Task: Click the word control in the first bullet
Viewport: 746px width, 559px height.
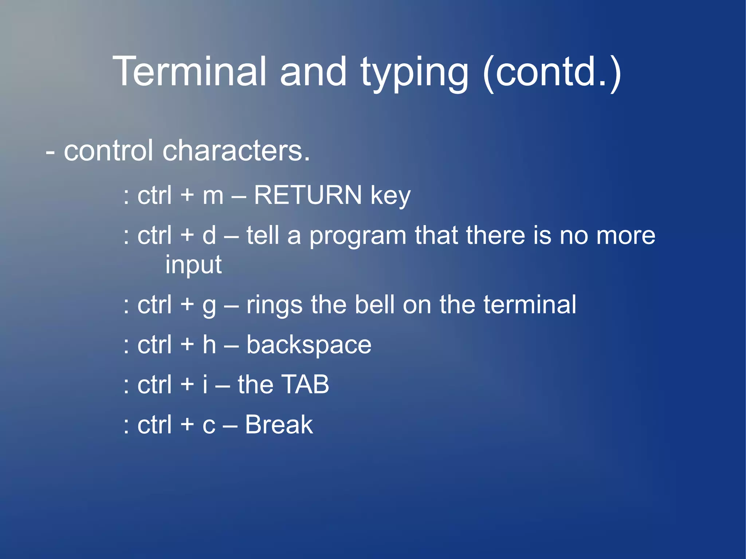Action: point(108,150)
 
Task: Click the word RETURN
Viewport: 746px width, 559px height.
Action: point(308,195)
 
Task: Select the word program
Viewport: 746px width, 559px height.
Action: point(358,236)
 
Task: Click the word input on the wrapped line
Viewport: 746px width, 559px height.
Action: point(193,265)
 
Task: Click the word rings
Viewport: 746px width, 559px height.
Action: point(274,305)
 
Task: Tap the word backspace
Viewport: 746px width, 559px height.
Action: point(309,345)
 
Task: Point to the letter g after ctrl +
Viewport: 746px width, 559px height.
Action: point(209,306)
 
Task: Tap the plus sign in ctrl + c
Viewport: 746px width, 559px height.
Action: point(187,425)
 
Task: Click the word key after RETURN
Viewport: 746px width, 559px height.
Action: point(390,196)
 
